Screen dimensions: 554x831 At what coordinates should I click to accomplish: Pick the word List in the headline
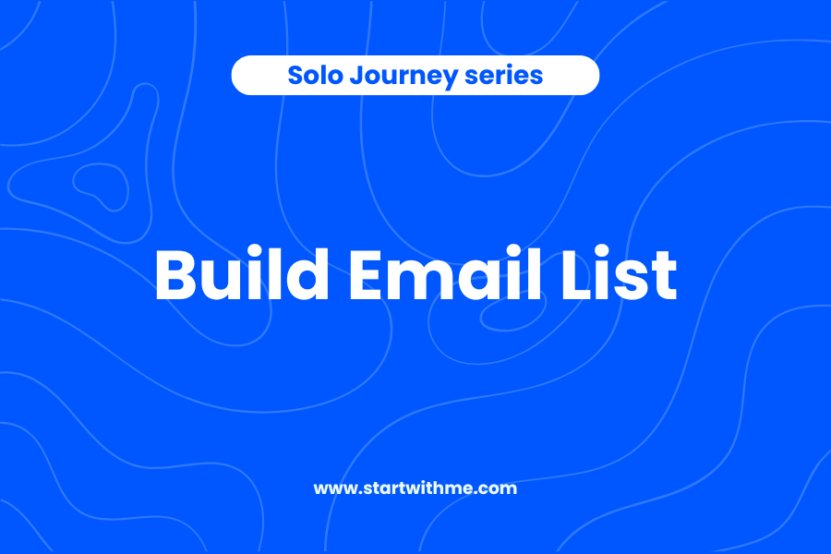(626, 274)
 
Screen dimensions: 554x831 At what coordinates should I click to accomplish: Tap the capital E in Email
(371, 275)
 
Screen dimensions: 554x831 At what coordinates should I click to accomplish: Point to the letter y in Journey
(450, 79)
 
